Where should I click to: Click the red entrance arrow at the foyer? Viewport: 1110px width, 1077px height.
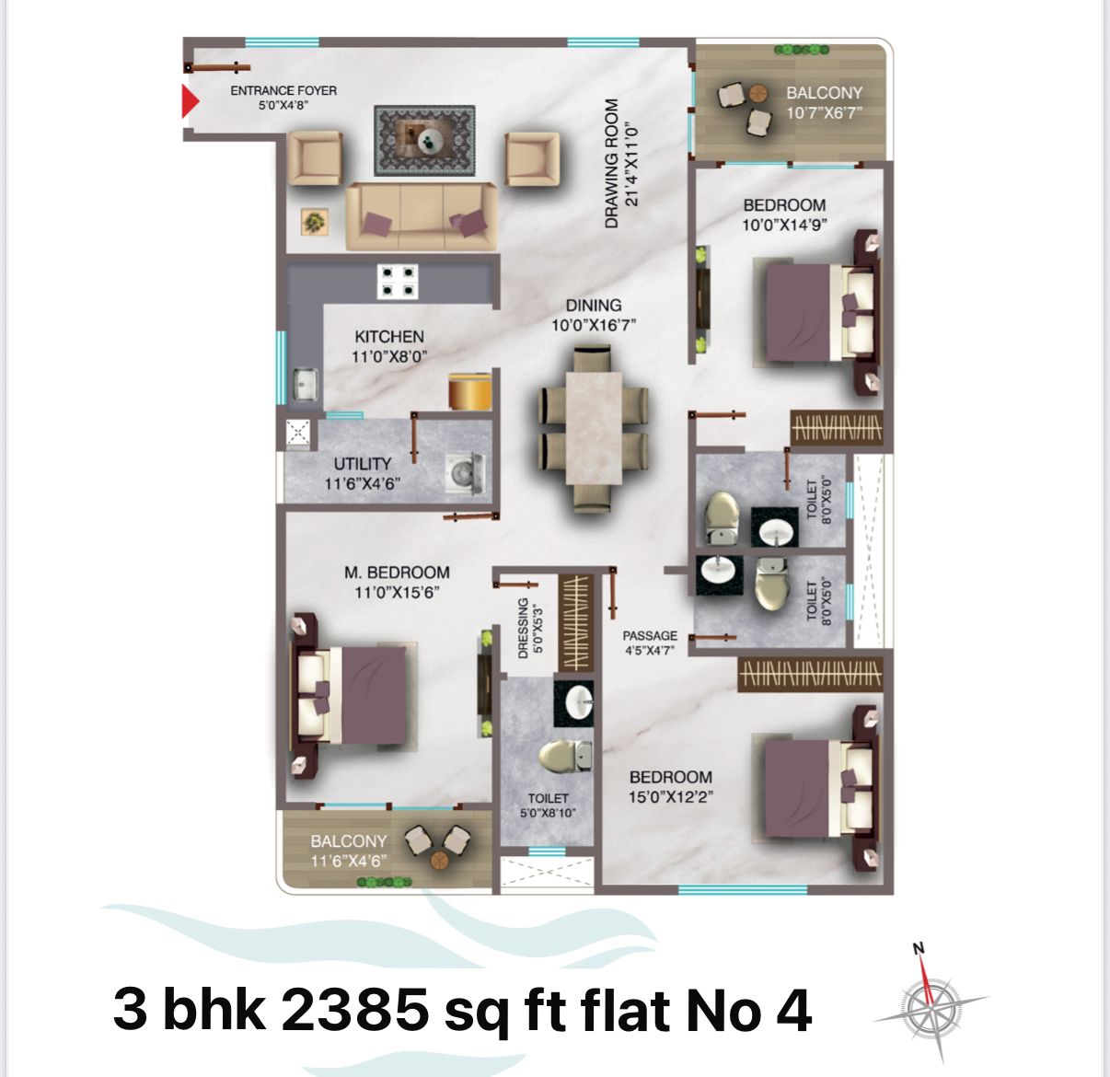(x=190, y=101)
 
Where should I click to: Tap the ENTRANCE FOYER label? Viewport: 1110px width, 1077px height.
(x=283, y=91)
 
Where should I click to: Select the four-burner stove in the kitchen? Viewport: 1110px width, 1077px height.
(x=398, y=282)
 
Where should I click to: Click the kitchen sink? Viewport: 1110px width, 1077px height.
(x=306, y=384)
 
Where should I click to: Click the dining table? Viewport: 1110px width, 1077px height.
(x=594, y=428)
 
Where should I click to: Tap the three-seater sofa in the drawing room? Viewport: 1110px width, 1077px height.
(x=421, y=216)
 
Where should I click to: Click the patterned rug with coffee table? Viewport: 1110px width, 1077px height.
(x=424, y=141)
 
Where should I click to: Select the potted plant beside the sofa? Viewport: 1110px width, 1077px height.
(x=315, y=222)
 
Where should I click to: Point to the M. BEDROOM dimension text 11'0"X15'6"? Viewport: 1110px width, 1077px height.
(x=397, y=593)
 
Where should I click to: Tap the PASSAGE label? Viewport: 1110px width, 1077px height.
(x=650, y=635)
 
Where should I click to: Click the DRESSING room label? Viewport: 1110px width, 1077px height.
(x=523, y=628)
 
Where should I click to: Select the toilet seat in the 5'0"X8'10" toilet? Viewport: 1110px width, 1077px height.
(x=566, y=755)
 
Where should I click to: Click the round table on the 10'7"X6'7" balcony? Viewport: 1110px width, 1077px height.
(x=758, y=92)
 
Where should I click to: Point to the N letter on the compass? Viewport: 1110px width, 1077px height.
(x=919, y=949)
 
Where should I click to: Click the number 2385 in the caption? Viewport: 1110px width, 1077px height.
(x=354, y=1010)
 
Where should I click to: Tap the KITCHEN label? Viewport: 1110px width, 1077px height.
(x=389, y=337)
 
